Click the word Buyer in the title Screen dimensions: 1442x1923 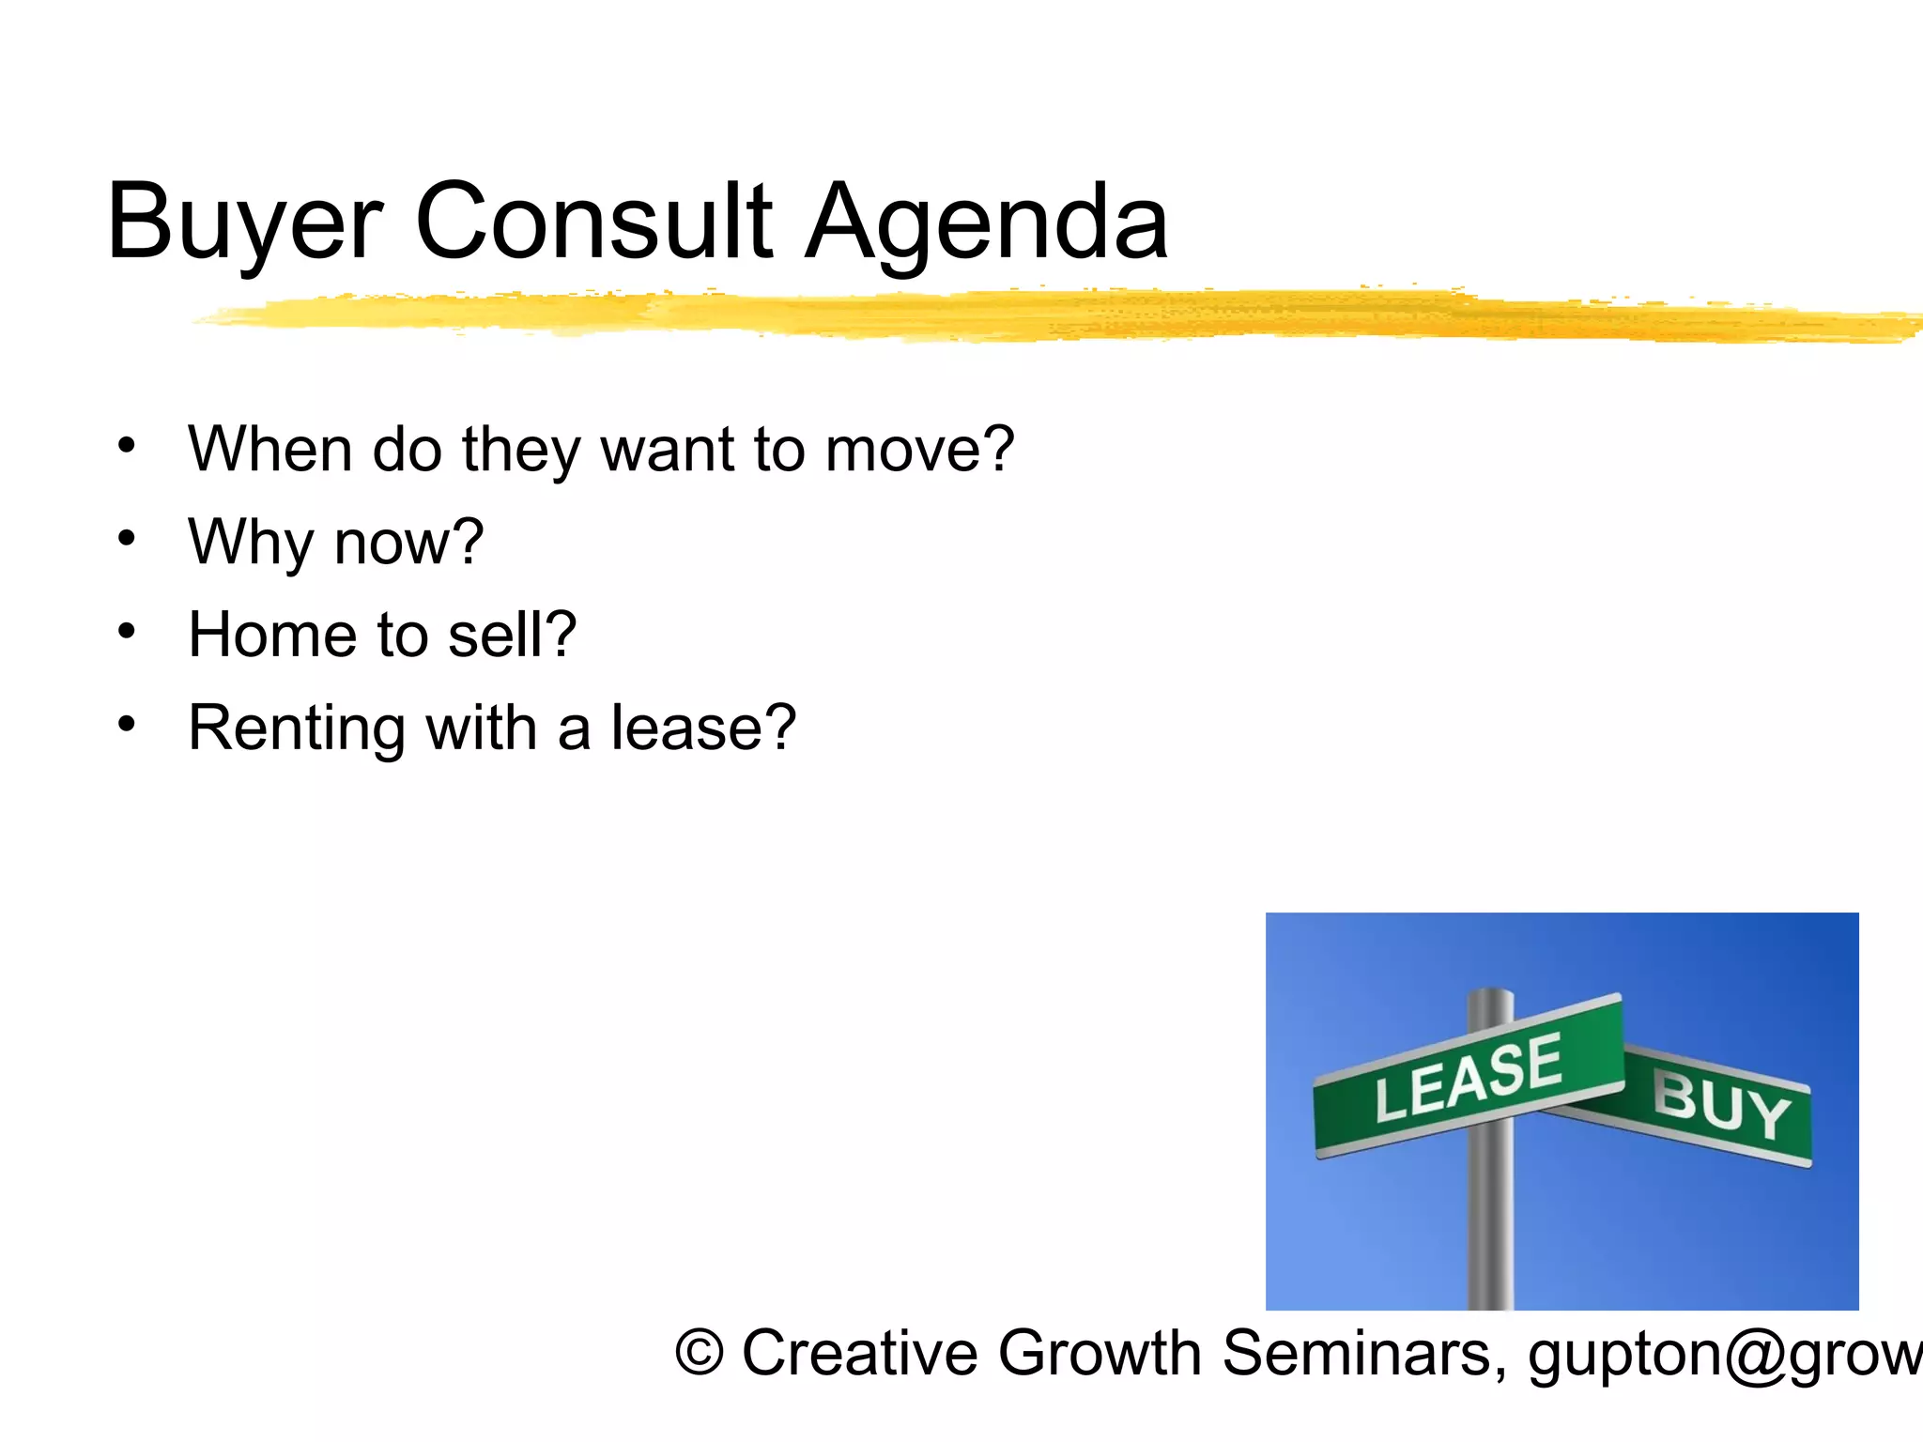pos(245,223)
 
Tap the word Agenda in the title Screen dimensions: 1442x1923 pos(987,223)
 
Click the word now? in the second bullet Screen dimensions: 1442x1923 pos(409,543)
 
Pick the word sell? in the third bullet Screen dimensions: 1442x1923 pos(512,635)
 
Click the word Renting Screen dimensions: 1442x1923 pos(297,729)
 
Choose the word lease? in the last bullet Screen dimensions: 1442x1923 pos(703,729)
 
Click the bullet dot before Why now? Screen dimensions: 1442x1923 pos(127,539)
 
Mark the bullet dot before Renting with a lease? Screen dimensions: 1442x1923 pos(127,724)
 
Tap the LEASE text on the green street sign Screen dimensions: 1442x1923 pos(1468,1079)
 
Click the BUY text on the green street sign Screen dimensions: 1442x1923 pos(1721,1106)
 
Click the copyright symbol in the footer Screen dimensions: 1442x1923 pos(700,1354)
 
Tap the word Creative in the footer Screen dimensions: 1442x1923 pos(860,1354)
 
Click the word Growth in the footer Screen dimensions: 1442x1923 pos(1100,1354)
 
